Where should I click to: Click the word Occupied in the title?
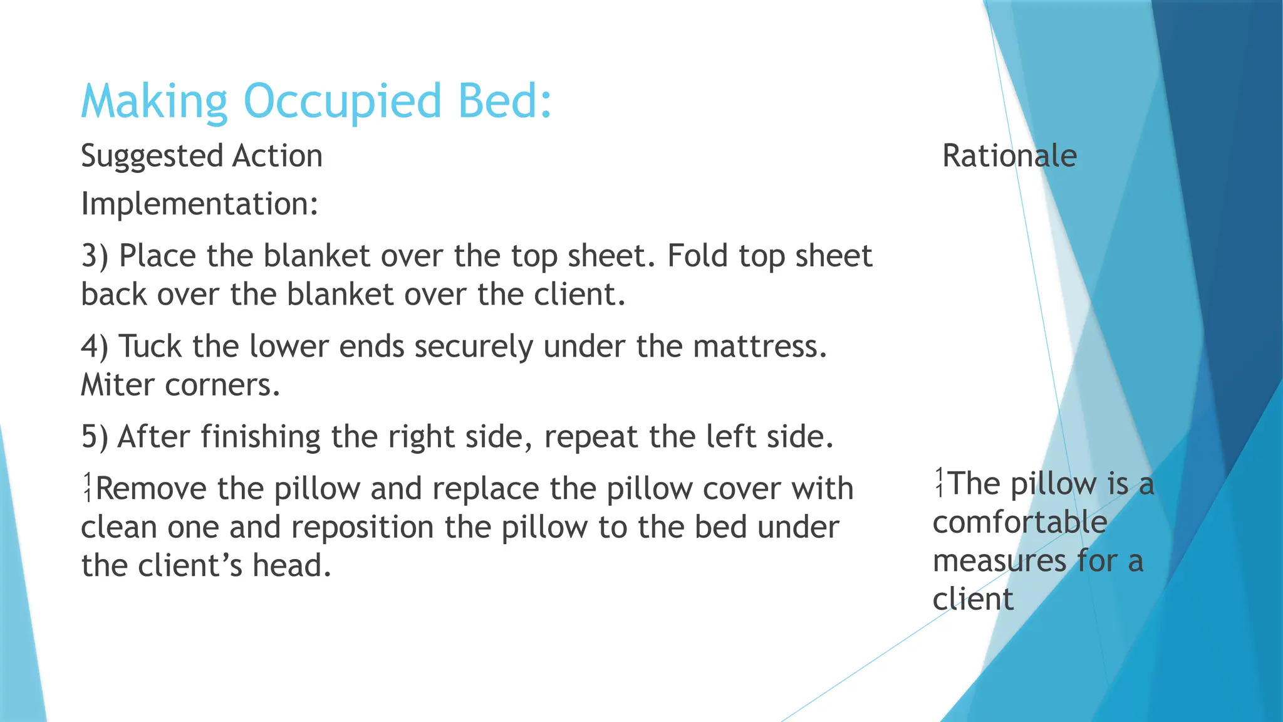342,102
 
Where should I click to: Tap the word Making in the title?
154,102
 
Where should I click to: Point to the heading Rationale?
1009,156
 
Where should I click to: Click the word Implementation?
200,204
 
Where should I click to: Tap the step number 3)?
95,256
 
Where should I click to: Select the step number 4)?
95,347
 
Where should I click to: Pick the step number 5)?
95,437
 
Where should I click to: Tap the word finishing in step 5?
261,437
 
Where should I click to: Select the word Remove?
151,489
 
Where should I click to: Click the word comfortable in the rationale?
1019,523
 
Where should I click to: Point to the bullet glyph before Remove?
88,488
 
